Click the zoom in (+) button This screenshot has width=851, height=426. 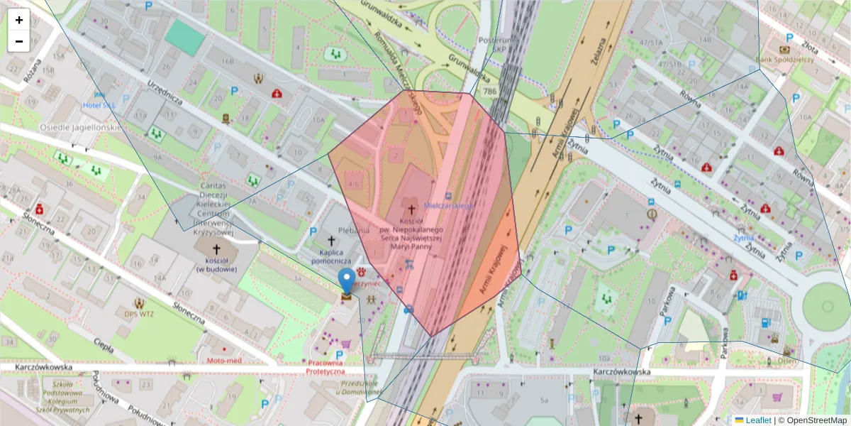tap(19, 20)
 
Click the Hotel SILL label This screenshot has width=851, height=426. tap(99, 104)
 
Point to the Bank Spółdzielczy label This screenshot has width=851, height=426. tap(784, 60)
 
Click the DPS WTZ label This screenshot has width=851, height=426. tap(138, 313)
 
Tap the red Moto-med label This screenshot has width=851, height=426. tap(224, 361)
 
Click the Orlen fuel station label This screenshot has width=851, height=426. tap(787, 360)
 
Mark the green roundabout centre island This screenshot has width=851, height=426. tap(826, 306)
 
